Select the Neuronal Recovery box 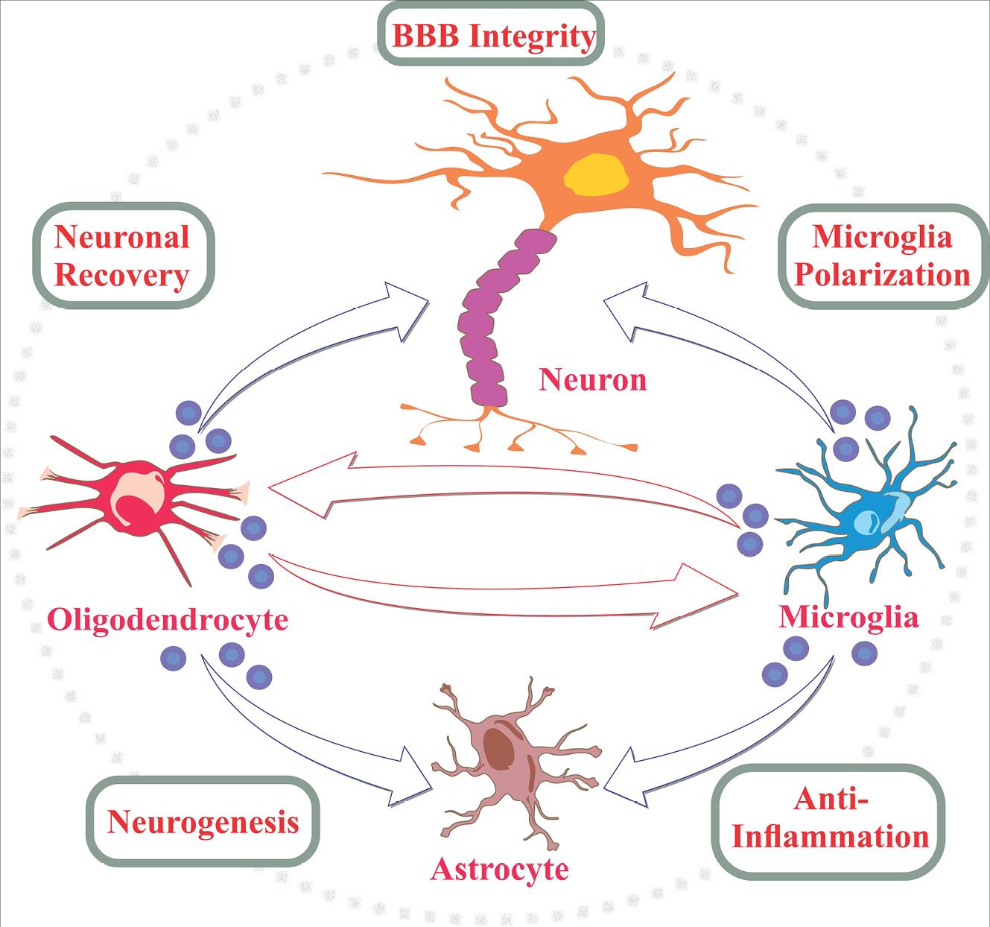coord(122,256)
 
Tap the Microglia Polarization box coord(882,256)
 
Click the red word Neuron coord(592,380)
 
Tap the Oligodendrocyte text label coord(167,618)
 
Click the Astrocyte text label coord(500,869)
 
